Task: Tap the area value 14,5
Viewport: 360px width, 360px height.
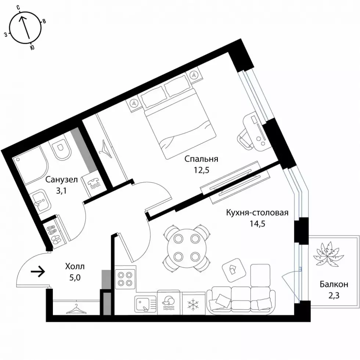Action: click(258, 223)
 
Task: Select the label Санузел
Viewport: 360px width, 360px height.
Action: click(62, 180)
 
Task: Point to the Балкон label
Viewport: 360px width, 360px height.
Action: click(334, 284)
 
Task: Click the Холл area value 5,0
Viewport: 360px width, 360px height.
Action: click(75, 278)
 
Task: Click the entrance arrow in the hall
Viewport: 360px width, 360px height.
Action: click(37, 272)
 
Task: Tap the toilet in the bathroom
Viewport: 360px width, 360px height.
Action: click(61, 149)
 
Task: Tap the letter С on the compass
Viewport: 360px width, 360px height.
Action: click(19, 8)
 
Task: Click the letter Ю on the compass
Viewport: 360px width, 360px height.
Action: click(32, 47)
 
